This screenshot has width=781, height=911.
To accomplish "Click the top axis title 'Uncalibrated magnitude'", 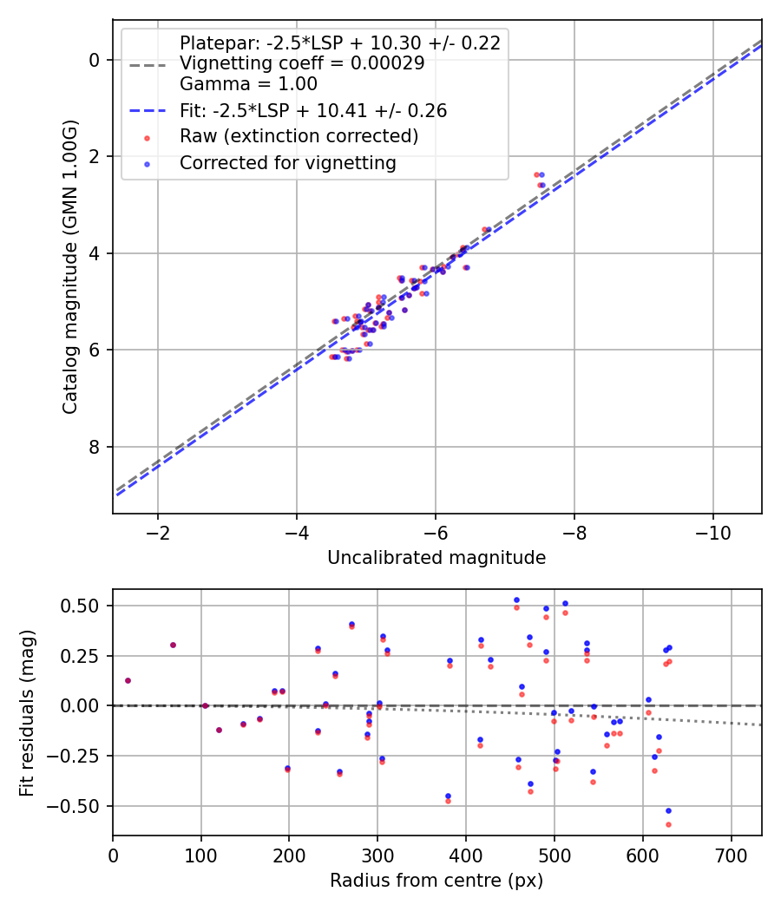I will tap(436, 558).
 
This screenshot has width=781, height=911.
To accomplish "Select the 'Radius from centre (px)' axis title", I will tap(436, 881).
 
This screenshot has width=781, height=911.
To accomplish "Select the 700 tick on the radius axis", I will tap(731, 855).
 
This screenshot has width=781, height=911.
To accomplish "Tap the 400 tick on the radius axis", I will tap(466, 855).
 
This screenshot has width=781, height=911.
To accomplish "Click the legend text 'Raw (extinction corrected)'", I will tap(299, 136).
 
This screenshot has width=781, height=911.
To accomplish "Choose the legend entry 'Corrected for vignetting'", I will tap(287, 162).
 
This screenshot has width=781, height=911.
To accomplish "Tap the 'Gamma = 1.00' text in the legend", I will tap(248, 84).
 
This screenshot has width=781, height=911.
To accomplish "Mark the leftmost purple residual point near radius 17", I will tap(128, 680).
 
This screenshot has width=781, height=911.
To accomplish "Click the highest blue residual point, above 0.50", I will tap(516, 600).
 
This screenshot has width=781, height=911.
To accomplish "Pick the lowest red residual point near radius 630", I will tap(668, 824).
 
